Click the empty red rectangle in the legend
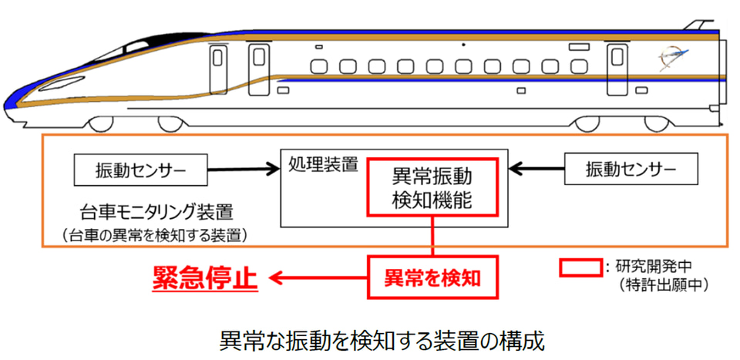[580, 266]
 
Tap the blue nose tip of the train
[9, 101]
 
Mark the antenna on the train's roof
[700, 23]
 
